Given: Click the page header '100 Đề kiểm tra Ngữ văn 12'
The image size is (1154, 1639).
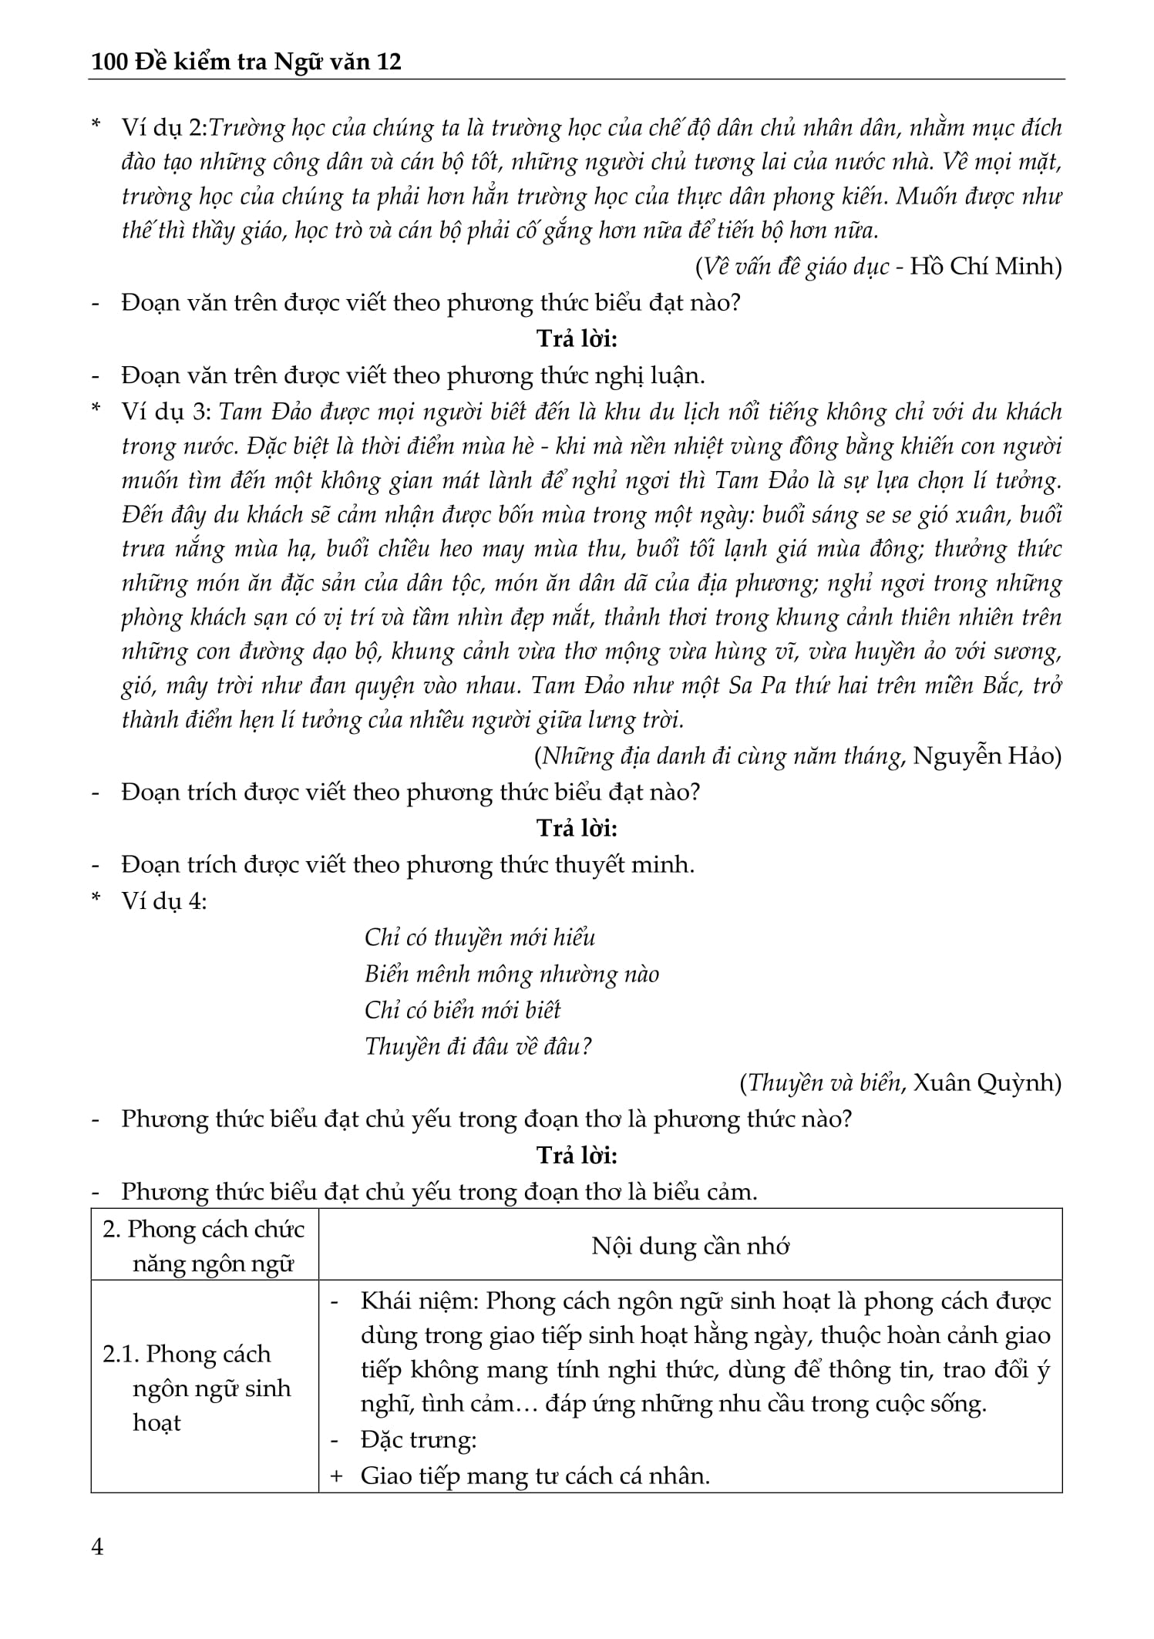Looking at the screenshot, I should pyautogui.click(x=246, y=62).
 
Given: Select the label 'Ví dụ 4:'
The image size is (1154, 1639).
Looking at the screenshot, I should pyautogui.click(x=164, y=901).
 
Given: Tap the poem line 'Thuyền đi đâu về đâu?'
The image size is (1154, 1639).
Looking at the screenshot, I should pyautogui.click(x=478, y=1046).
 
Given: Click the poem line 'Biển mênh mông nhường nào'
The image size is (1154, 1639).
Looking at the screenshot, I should pyautogui.click(x=512, y=974).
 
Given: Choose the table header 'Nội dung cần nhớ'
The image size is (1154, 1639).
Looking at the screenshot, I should pyautogui.click(x=690, y=1247).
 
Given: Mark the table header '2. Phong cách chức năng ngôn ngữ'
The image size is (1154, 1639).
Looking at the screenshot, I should pyautogui.click(x=204, y=1247).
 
